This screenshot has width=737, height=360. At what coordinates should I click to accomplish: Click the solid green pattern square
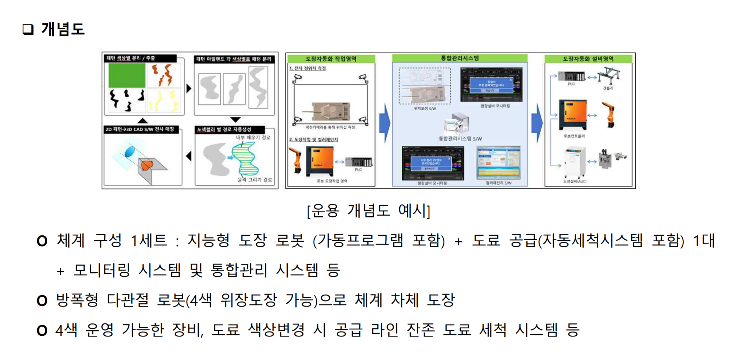click(x=127, y=76)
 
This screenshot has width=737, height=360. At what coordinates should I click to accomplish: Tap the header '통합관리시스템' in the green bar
click(x=460, y=58)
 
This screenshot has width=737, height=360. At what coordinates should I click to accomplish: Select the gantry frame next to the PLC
click(x=608, y=76)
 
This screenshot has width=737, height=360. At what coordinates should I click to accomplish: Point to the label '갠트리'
click(x=608, y=88)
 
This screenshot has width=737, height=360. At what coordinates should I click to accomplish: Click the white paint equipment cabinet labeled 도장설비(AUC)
click(x=574, y=162)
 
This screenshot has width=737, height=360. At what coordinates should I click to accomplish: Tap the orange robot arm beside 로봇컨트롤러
click(x=608, y=114)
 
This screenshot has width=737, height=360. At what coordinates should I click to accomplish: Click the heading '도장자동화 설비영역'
click(x=588, y=59)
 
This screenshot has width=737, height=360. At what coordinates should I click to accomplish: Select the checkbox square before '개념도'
click(x=28, y=29)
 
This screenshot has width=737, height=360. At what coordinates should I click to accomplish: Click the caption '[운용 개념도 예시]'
click(x=368, y=211)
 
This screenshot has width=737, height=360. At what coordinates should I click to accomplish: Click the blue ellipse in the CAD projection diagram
click(x=130, y=152)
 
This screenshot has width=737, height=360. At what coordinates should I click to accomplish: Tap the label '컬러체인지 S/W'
click(x=498, y=183)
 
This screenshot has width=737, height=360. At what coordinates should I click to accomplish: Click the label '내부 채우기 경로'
click(x=253, y=137)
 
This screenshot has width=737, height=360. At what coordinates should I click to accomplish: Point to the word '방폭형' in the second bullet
click(x=77, y=300)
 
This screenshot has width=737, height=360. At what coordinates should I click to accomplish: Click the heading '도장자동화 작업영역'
click(x=331, y=59)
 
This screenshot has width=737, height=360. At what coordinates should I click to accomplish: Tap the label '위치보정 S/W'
click(x=425, y=108)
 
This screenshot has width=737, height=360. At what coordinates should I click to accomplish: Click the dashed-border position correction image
click(x=425, y=86)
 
